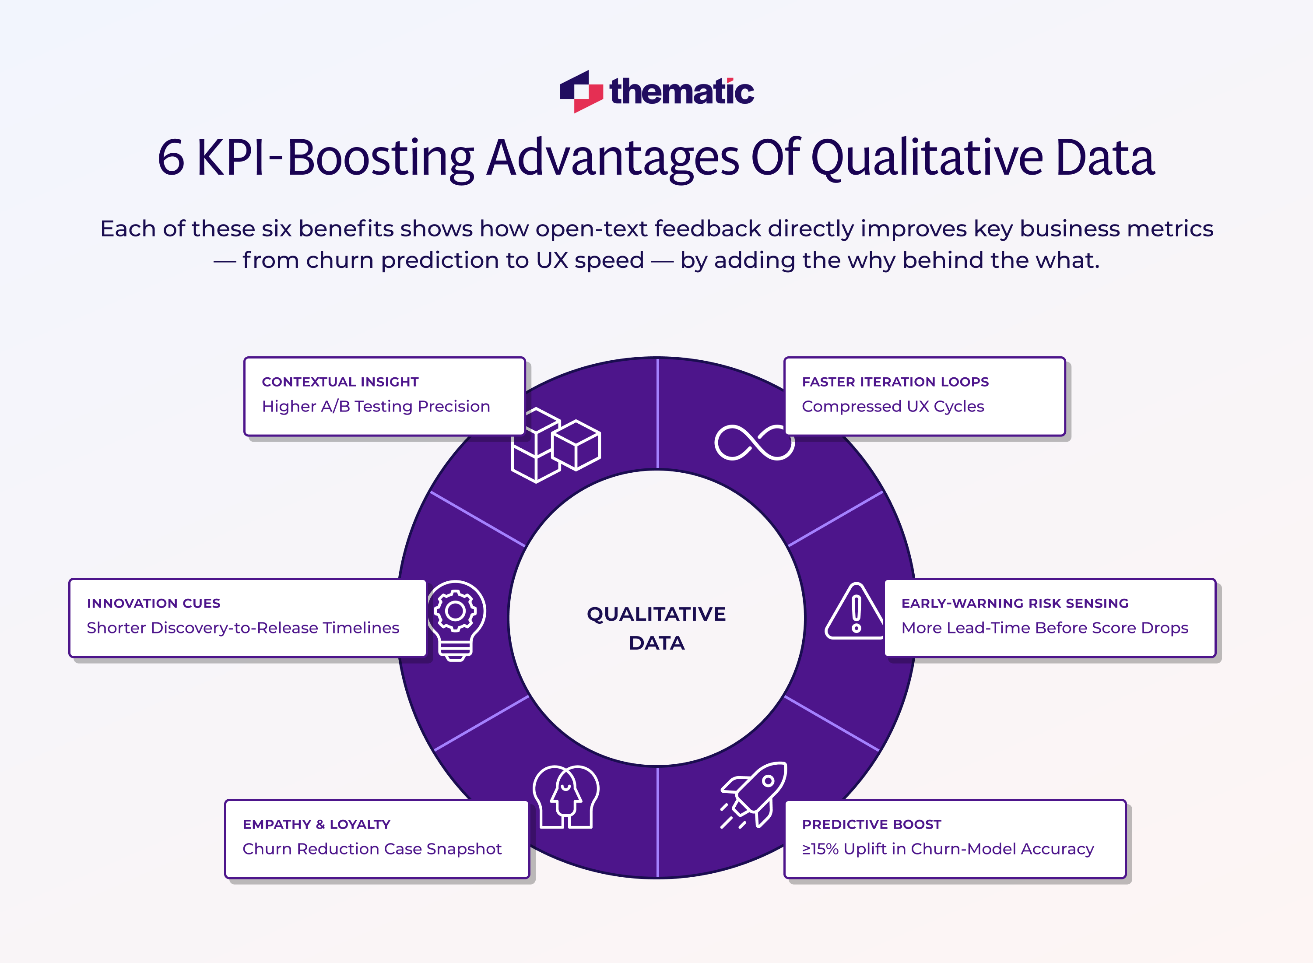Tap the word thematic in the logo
click(681, 92)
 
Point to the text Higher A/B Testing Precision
click(376, 406)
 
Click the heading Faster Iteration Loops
click(895, 382)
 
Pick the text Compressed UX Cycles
click(892, 406)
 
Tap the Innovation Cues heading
click(153, 603)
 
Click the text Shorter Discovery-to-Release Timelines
click(242, 628)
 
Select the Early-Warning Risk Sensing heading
click(1015, 603)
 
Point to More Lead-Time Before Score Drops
click(1044, 628)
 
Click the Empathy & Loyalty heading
click(316, 824)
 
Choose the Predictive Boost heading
click(871, 824)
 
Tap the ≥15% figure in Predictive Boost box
click(820, 849)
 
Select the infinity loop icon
click(754, 443)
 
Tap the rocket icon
click(754, 794)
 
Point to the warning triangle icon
click(854, 612)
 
